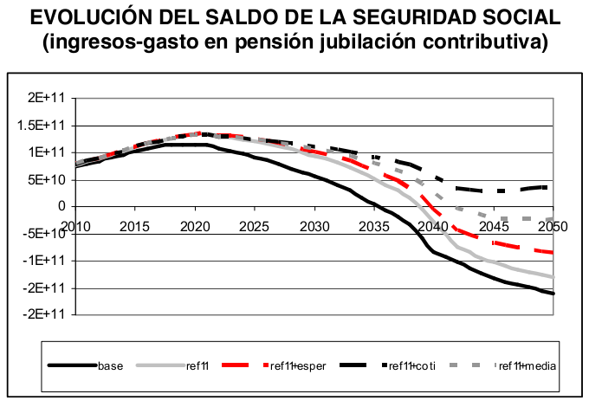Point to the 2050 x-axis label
553,227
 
